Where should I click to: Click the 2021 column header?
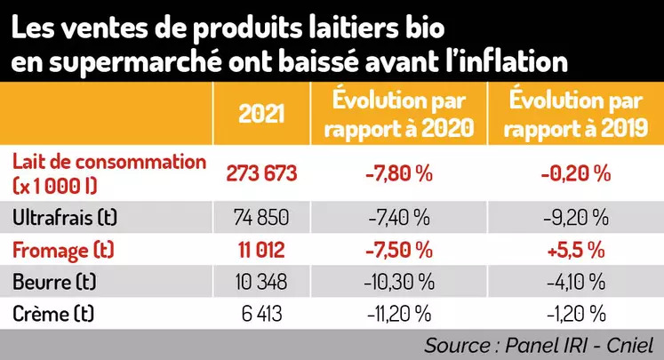pos(262,115)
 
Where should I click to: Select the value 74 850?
pos(262,217)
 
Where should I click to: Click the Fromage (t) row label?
pos(61,251)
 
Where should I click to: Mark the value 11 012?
pos(262,251)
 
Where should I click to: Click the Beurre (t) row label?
pos(55,283)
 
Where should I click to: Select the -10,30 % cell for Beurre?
pos(397,283)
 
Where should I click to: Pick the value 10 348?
pos(262,283)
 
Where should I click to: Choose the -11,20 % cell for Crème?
pos(397,314)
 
